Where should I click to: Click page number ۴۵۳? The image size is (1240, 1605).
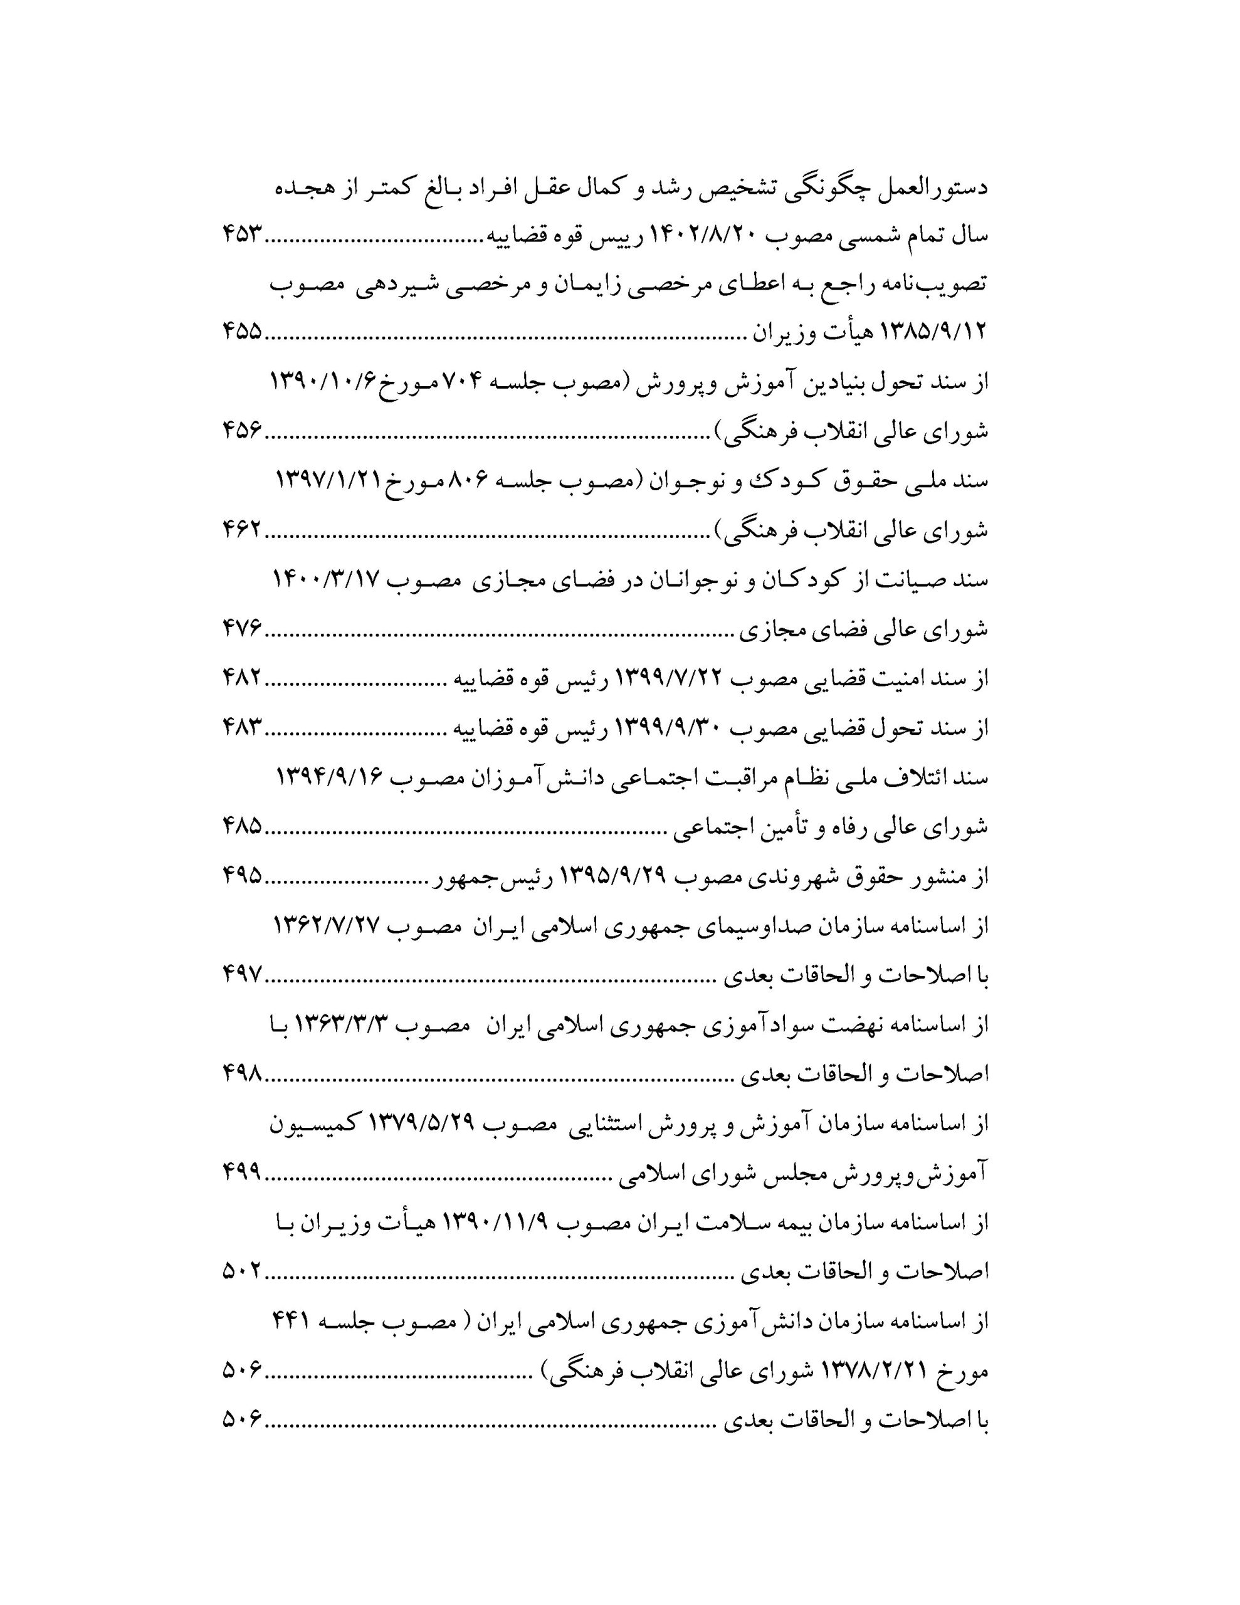pyautogui.click(x=243, y=235)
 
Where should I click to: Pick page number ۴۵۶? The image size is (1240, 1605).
pyautogui.click(x=243, y=432)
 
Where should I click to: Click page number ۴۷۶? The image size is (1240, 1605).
pyautogui.click(x=243, y=629)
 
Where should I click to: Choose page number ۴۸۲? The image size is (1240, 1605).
pyautogui.click(x=243, y=678)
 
